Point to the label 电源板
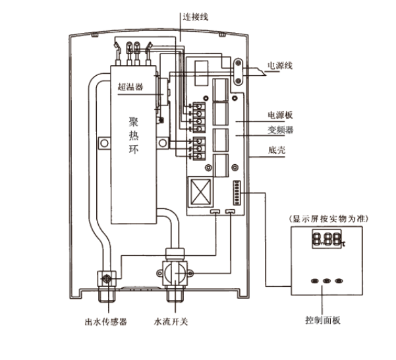click(x=281, y=115)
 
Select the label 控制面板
click(x=324, y=321)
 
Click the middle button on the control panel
click(x=325, y=280)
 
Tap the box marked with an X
click(x=200, y=191)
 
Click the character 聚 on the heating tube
click(x=134, y=122)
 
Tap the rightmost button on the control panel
click(x=341, y=280)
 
